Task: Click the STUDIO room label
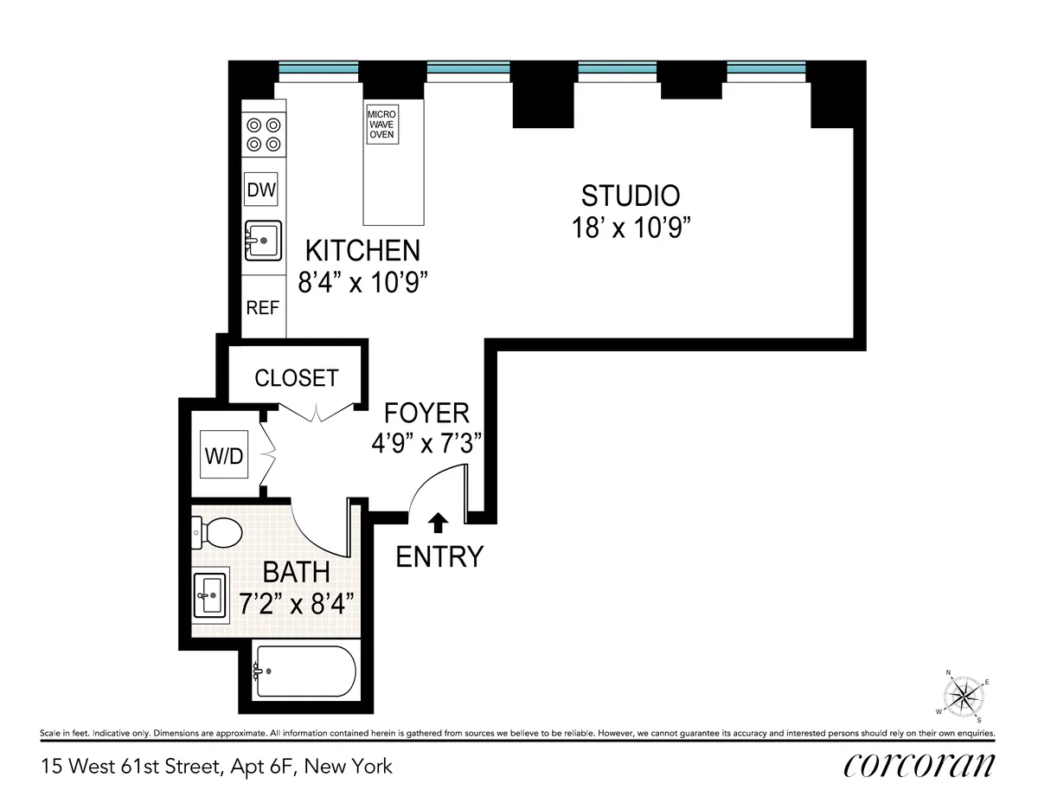click(630, 195)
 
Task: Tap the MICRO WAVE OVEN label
click(381, 125)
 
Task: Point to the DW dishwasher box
click(261, 190)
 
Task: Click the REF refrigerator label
click(261, 307)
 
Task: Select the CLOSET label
click(296, 378)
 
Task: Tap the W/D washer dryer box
click(224, 455)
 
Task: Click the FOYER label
click(426, 412)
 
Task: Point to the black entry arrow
click(439, 521)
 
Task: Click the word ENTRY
click(439, 557)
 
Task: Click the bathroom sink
click(208, 594)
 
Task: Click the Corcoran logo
click(919, 766)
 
